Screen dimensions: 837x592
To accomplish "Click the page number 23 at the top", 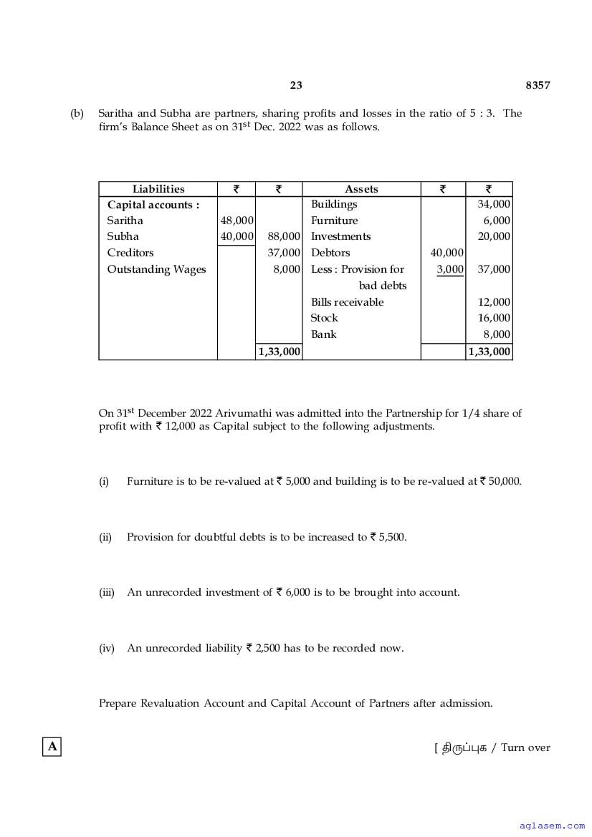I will [296, 85].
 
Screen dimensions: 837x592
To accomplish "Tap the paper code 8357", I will [538, 85].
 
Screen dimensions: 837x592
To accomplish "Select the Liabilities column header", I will [158, 189].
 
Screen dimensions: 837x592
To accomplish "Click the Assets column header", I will [361, 189].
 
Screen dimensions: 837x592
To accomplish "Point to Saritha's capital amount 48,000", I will [237, 221].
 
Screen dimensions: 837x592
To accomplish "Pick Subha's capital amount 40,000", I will [237, 236].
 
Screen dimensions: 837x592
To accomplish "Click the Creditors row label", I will [130, 253].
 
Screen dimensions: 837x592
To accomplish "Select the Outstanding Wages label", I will [156, 269].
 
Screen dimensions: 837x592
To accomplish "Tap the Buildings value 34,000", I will [494, 204].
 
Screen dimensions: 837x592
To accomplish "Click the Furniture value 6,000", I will [497, 221].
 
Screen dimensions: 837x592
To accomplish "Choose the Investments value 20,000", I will [494, 236].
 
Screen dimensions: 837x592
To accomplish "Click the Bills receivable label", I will [347, 302].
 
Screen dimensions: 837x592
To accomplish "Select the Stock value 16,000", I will [494, 318].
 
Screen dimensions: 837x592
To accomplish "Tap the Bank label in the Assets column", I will [323, 334].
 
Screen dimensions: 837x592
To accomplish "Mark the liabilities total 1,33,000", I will [279, 352].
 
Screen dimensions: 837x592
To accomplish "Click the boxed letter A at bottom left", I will [52, 747].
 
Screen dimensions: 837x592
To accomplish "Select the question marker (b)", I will [77, 113].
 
